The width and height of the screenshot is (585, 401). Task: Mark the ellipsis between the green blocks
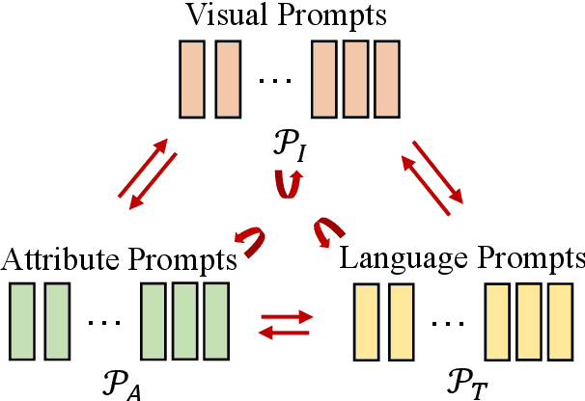click(104, 322)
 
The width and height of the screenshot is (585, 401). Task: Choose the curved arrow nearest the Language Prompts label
click(328, 231)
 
